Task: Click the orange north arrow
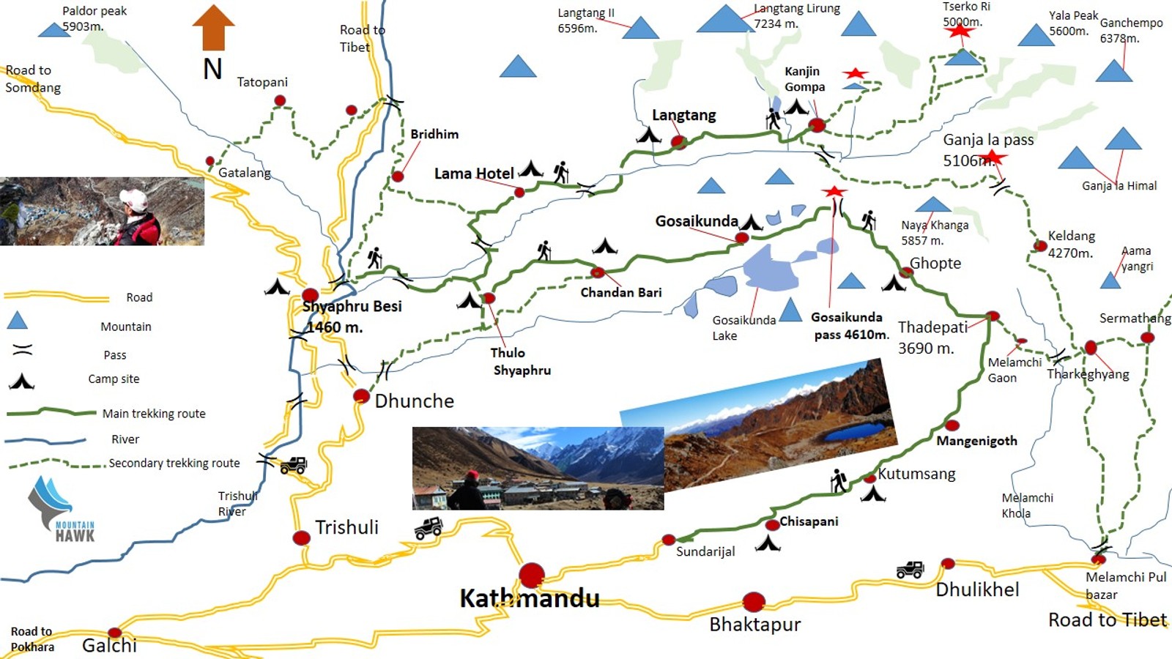click(213, 28)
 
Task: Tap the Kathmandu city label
click(529, 599)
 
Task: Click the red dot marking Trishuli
click(301, 538)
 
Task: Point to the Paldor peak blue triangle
click(53, 30)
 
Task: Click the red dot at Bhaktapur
click(754, 602)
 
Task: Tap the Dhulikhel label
click(977, 589)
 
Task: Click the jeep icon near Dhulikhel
click(910, 570)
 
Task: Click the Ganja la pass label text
click(988, 140)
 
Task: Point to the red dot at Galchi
click(114, 633)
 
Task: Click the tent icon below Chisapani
click(768, 543)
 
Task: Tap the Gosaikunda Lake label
click(743, 327)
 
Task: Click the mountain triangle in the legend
click(17, 320)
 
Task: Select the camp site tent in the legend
click(21, 381)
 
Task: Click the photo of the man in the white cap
click(102, 211)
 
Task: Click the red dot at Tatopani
click(280, 100)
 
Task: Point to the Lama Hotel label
click(474, 174)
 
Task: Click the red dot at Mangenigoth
click(952, 425)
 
